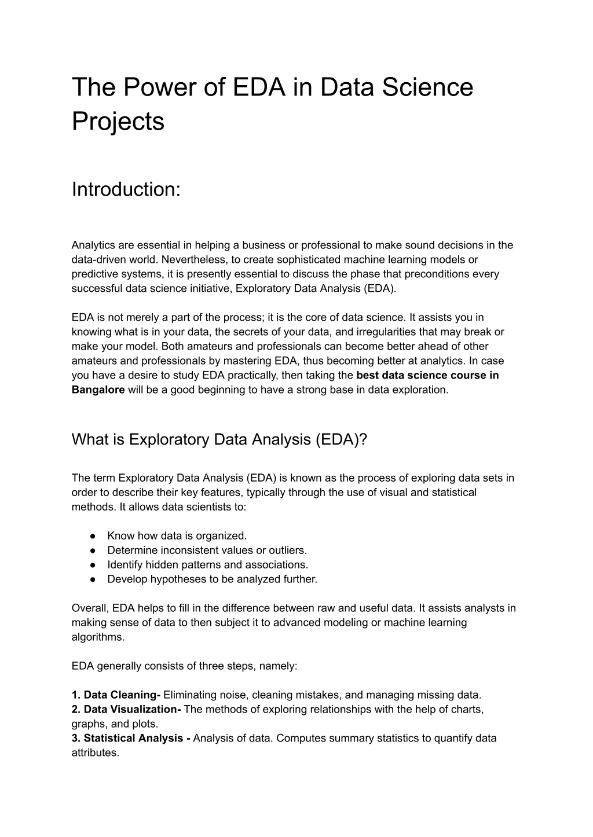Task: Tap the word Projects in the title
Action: tap(118, 122)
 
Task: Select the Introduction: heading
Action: tap(126, 189)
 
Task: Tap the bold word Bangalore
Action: tap(98, 390)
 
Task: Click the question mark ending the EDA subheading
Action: tap(364, 439)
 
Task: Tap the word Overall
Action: tap(90, 608)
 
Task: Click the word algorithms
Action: tap(98, 637)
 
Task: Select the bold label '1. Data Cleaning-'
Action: tap(116, 695)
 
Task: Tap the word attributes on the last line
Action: tap(94, 753)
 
